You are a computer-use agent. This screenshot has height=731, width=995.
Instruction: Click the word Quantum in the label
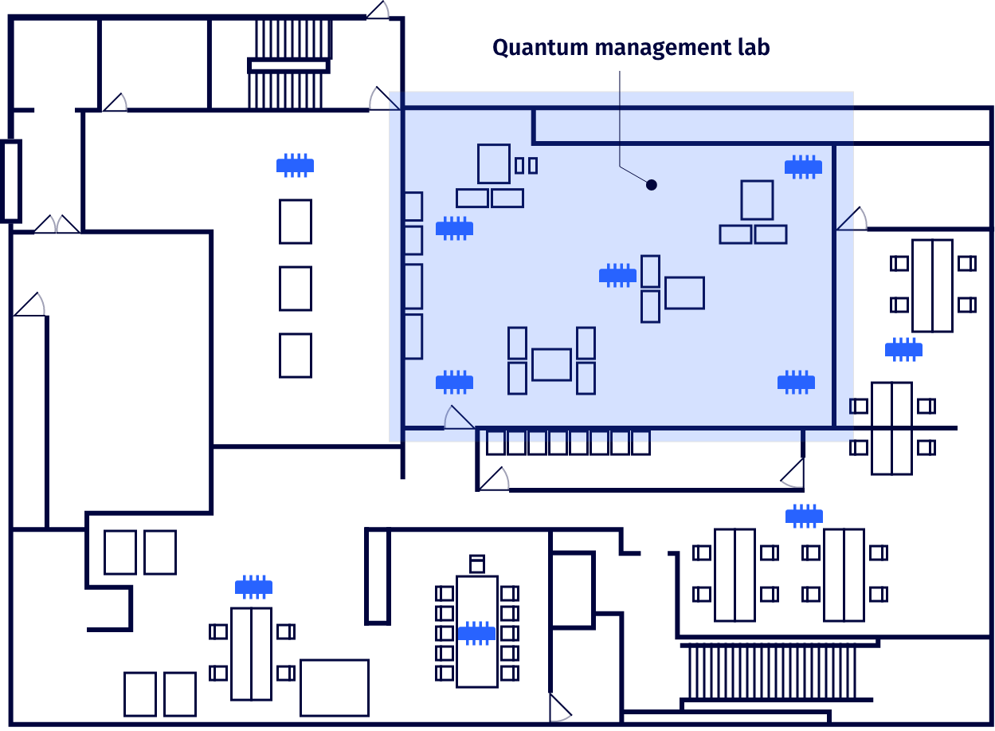[x=527, y=48]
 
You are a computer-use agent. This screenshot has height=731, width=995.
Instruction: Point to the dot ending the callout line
[x=652, y=185]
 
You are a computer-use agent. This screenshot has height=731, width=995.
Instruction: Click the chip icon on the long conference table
[x=476, y=633]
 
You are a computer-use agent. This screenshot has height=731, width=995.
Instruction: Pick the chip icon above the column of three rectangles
[x=295, y=165]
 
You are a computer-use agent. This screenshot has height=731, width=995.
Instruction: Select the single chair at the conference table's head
[x=477, y=564]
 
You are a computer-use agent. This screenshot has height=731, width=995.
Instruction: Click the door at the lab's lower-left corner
[x=458, y=417]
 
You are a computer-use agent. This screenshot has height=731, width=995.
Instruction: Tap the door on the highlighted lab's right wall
[x=852, y=219]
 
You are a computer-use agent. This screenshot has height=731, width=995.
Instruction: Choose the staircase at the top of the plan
[x=288, y=64]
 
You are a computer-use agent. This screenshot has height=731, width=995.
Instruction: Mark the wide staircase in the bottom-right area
[x=771, y=672]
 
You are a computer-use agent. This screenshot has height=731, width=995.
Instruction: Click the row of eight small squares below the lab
[x=568, y=442]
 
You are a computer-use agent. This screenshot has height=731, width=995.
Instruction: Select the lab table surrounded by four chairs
[x=551, y=364]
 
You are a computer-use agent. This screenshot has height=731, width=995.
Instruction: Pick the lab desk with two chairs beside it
[x=684, y=293]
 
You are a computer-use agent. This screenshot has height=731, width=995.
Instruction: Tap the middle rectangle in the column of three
[x=296, y=288]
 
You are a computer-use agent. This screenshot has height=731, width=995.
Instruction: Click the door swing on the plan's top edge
[x=378, y=10]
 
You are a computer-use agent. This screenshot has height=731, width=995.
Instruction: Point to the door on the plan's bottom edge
[x=560, y=709]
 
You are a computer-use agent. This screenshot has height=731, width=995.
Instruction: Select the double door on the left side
[x=56, y=224]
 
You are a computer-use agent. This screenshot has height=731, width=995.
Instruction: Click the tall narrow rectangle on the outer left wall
[x=10, y=180]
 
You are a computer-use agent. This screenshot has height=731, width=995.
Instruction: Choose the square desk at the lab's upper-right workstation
[x=757, y=199]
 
